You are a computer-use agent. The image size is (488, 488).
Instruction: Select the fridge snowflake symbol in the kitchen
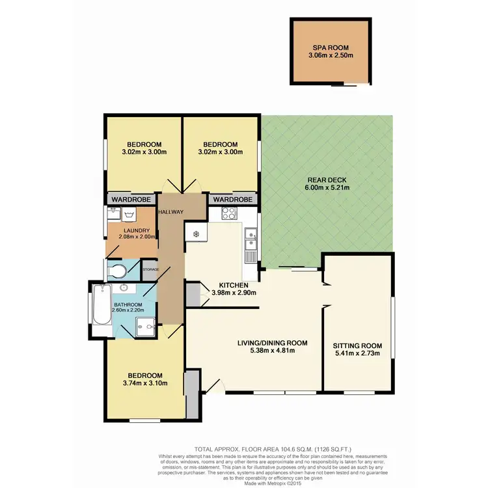coord(195,234)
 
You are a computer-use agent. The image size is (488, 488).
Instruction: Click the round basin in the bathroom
coord(124,287)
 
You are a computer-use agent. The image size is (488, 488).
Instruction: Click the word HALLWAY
coord(170,212)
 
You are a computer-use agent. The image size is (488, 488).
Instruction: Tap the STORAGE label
coord(150,269)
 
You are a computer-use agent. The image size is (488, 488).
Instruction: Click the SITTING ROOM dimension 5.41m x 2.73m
coord(357,354)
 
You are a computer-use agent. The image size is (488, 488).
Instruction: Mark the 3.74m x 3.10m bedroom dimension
coord(144,383)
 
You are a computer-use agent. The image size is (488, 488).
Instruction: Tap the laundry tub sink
coord(114,212)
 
